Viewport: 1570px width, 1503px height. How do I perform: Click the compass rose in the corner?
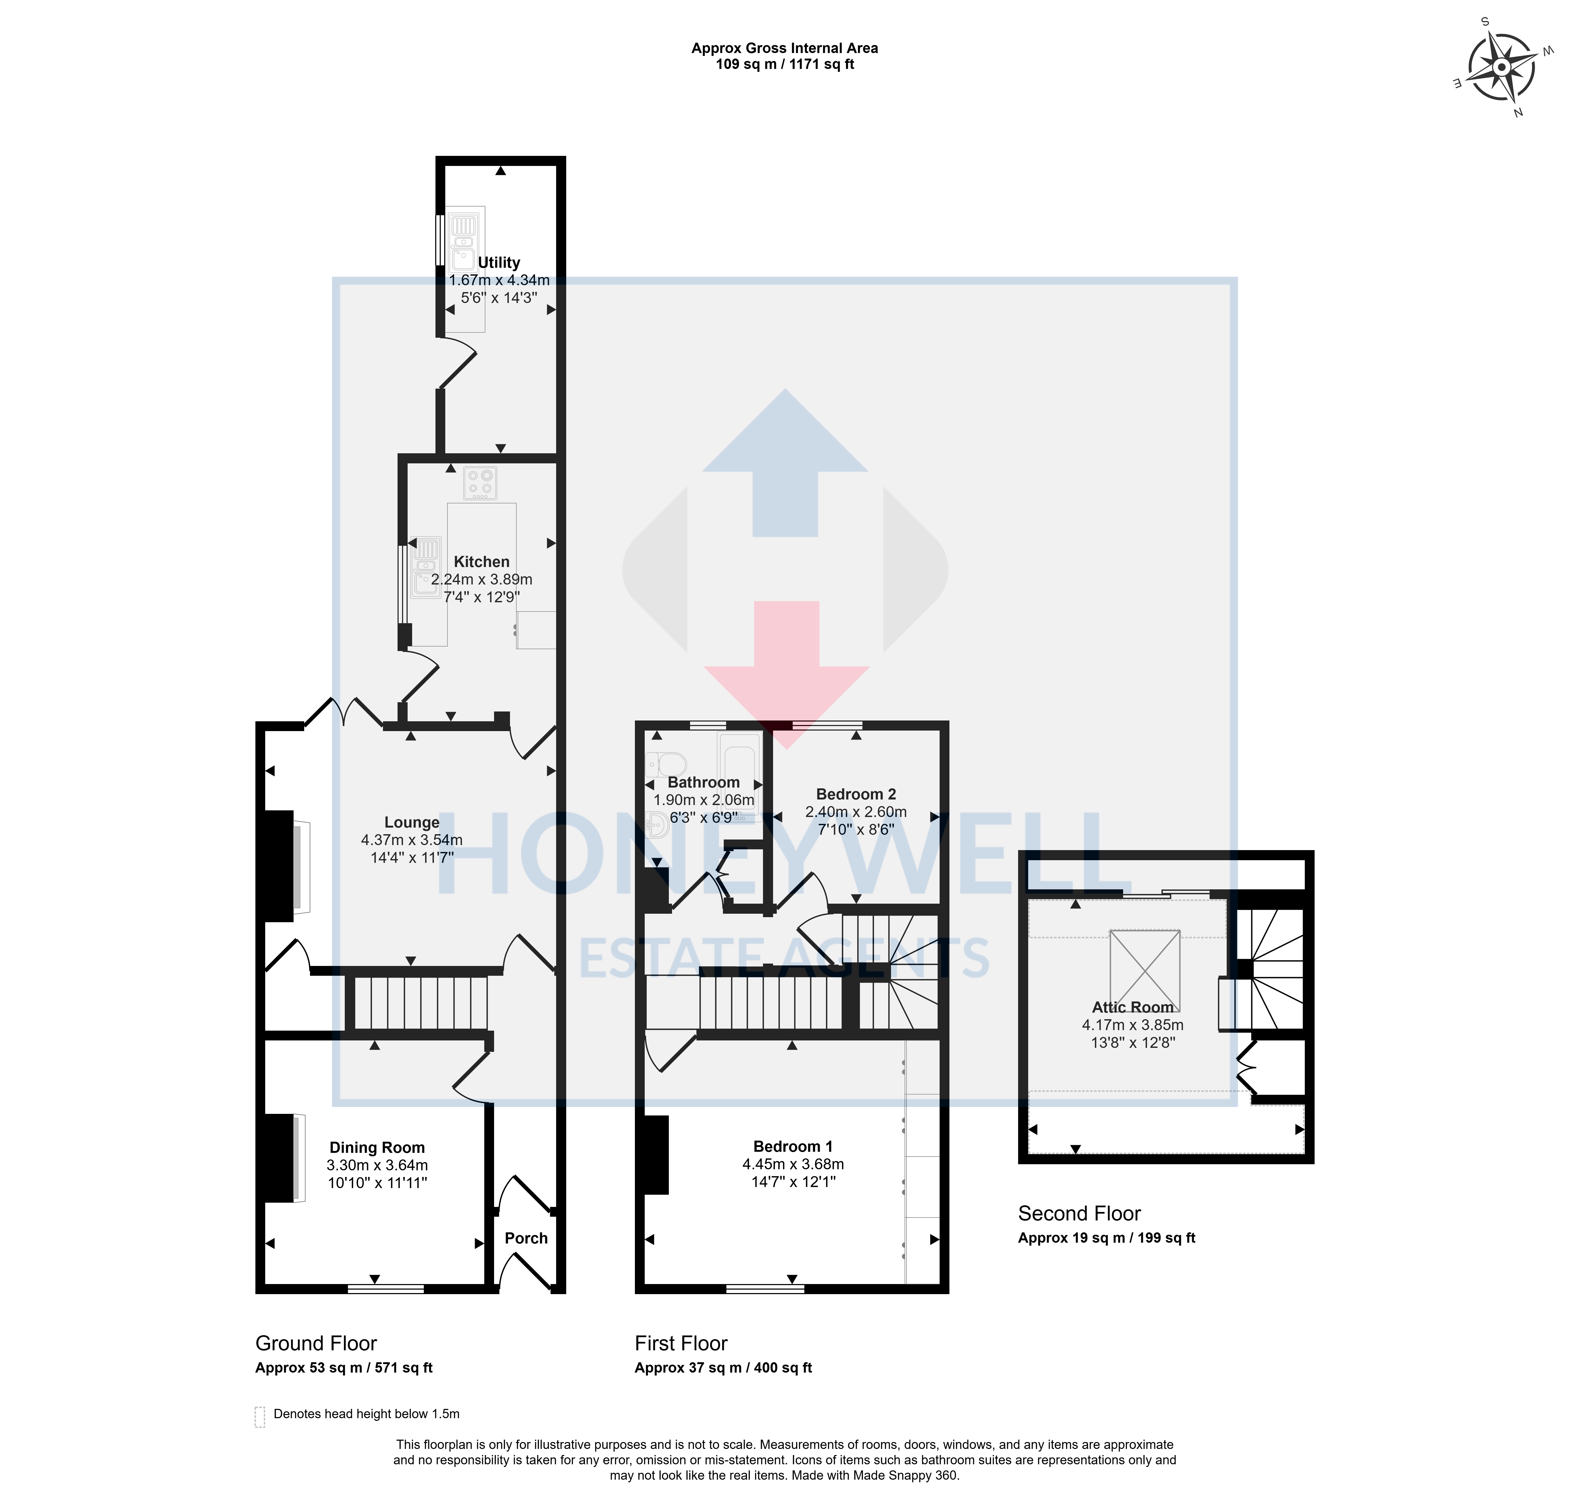(1501, 67)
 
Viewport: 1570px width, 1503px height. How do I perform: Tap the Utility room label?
(499, 263)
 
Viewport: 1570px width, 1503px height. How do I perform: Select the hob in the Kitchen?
(480, 483)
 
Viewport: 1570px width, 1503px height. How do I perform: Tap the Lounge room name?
(412, 822)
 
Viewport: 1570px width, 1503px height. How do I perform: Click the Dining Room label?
(377, 1148)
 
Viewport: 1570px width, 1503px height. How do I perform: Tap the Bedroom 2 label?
(856, 794)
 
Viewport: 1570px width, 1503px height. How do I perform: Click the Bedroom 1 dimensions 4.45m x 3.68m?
(793, 1164)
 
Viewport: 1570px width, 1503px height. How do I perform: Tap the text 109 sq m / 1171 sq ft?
(785, 64)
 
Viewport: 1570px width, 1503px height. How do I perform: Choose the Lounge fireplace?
(285, 866)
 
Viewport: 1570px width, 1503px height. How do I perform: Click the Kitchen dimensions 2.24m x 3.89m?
(481, 579)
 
